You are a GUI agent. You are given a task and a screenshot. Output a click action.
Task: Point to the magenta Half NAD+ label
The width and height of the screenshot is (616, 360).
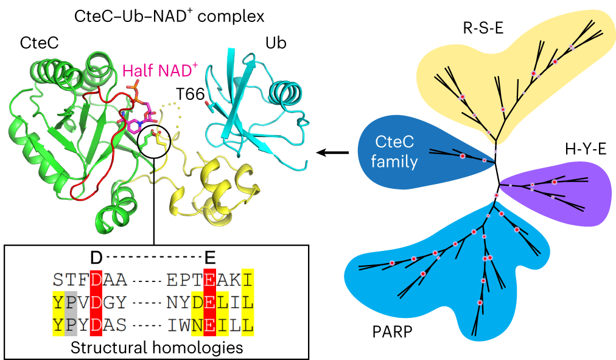tap(160, 71)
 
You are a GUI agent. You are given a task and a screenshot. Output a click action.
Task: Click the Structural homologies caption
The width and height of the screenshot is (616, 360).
tap(157, 348)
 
